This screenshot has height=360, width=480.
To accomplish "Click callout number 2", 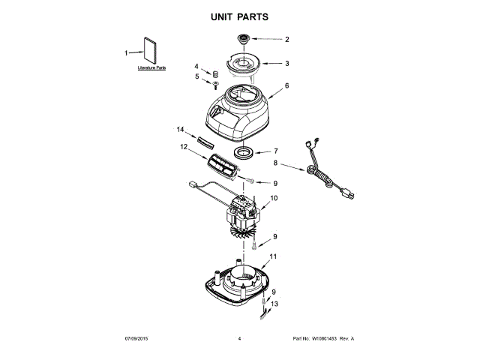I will [286, 39].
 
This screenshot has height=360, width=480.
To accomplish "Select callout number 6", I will [286, 86].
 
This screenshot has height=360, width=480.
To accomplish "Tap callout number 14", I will [180, 130].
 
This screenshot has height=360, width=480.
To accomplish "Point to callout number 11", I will [273, 256].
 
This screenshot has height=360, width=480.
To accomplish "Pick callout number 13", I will [274, 303].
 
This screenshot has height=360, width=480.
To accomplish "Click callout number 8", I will [275, 162].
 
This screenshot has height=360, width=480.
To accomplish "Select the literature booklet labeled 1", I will [151, 52].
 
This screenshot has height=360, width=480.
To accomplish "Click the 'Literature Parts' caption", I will [151, 68].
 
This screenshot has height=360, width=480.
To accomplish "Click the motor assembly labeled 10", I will [244, 214].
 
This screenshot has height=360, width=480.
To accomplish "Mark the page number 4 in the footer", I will [238, 340].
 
